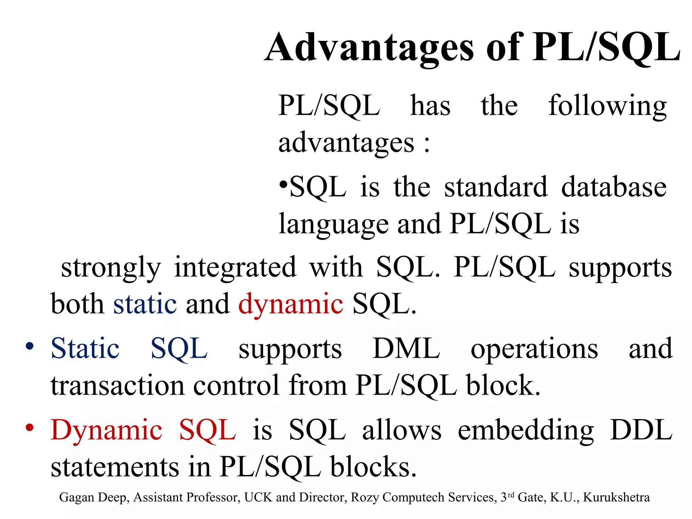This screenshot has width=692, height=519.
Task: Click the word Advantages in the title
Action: click(x=370, y=48)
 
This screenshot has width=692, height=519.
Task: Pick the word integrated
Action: click(x=235, y=267)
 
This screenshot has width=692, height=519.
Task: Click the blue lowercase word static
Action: click(x=145, y=304)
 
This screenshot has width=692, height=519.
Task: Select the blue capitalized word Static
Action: click(x=85, y=348)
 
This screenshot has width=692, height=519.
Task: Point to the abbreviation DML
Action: click(x=406, y=348)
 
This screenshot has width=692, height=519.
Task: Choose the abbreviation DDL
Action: click(x=641, y=430)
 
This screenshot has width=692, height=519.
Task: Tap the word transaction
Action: click(x=118, y=386)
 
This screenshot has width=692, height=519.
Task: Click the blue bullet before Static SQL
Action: click(x=30, y=346)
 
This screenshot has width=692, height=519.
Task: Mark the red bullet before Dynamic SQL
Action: click(x=30, y=428)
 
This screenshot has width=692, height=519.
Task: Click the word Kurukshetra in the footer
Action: click(x=616, y=497)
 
